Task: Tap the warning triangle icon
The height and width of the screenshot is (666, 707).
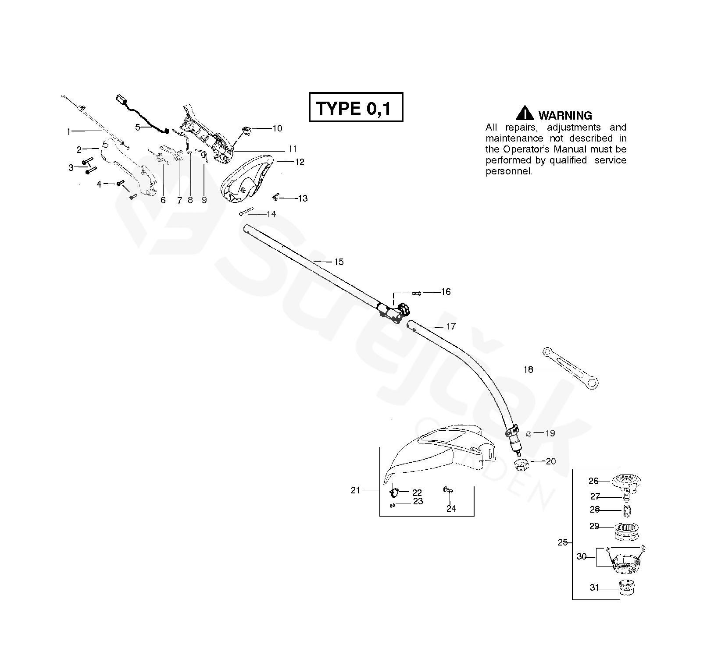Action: point(525,113)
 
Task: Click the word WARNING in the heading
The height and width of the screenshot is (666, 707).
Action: point(565,116)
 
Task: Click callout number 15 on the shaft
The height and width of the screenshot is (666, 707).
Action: point(339,262)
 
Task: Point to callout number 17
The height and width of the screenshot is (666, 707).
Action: point(450,326)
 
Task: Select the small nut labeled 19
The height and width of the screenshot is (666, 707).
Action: point(528,434)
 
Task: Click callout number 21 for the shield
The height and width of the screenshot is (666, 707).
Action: point(355,490)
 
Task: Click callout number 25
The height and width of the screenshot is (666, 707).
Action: point(563,542)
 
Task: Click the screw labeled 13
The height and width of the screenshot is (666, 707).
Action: point(276,198)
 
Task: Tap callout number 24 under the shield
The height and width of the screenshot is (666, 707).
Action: point(451,509)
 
